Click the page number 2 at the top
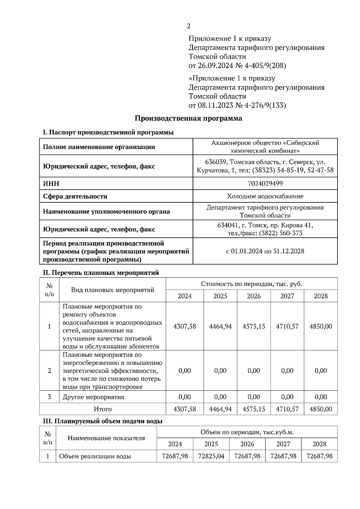[x=188, y=26]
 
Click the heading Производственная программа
[x=188, y=118]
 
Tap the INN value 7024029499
[x=265, y=183]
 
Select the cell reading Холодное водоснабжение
[x=265, y=196]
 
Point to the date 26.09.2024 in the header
[x=215, y=66]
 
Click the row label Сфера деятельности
[x=75, y=196]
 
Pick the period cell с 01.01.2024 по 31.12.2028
[x=265, y=251]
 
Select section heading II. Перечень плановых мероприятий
[x=101, y=273]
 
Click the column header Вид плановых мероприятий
[x=112, y=290]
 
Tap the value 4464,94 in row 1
[x=220, y=326]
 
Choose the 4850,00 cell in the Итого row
[x=320, y=409]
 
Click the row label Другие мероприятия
[x=93, y=397]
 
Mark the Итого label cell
[x=103, y=409]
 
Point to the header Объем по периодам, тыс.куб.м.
[x=247, y=432]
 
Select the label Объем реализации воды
[x=95, y=456]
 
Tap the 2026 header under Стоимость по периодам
[x=253, y=296]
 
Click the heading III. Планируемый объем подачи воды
[x=103, y=421]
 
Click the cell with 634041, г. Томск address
[x=265, y=229]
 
